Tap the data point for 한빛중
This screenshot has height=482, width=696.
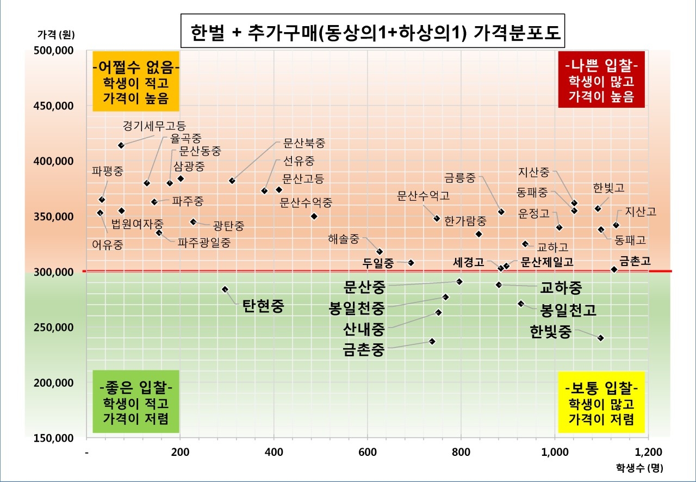(x=601, y=338)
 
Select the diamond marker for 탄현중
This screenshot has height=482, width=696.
(x=225, y=289)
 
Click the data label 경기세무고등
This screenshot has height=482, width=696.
(x=154, y=125)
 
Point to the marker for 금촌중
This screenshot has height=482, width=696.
(x=432, y=342)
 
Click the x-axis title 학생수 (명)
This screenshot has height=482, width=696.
(x=639, y=467)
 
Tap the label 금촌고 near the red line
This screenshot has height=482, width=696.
(x=635, y=261)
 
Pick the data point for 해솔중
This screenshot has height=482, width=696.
(x=380, y=251)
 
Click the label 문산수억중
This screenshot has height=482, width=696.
(x=306, y=202)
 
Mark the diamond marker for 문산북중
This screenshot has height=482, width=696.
(x=232, y=181)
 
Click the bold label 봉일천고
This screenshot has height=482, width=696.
(x=568, y=311)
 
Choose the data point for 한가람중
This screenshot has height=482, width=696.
(x=478, y=234)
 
